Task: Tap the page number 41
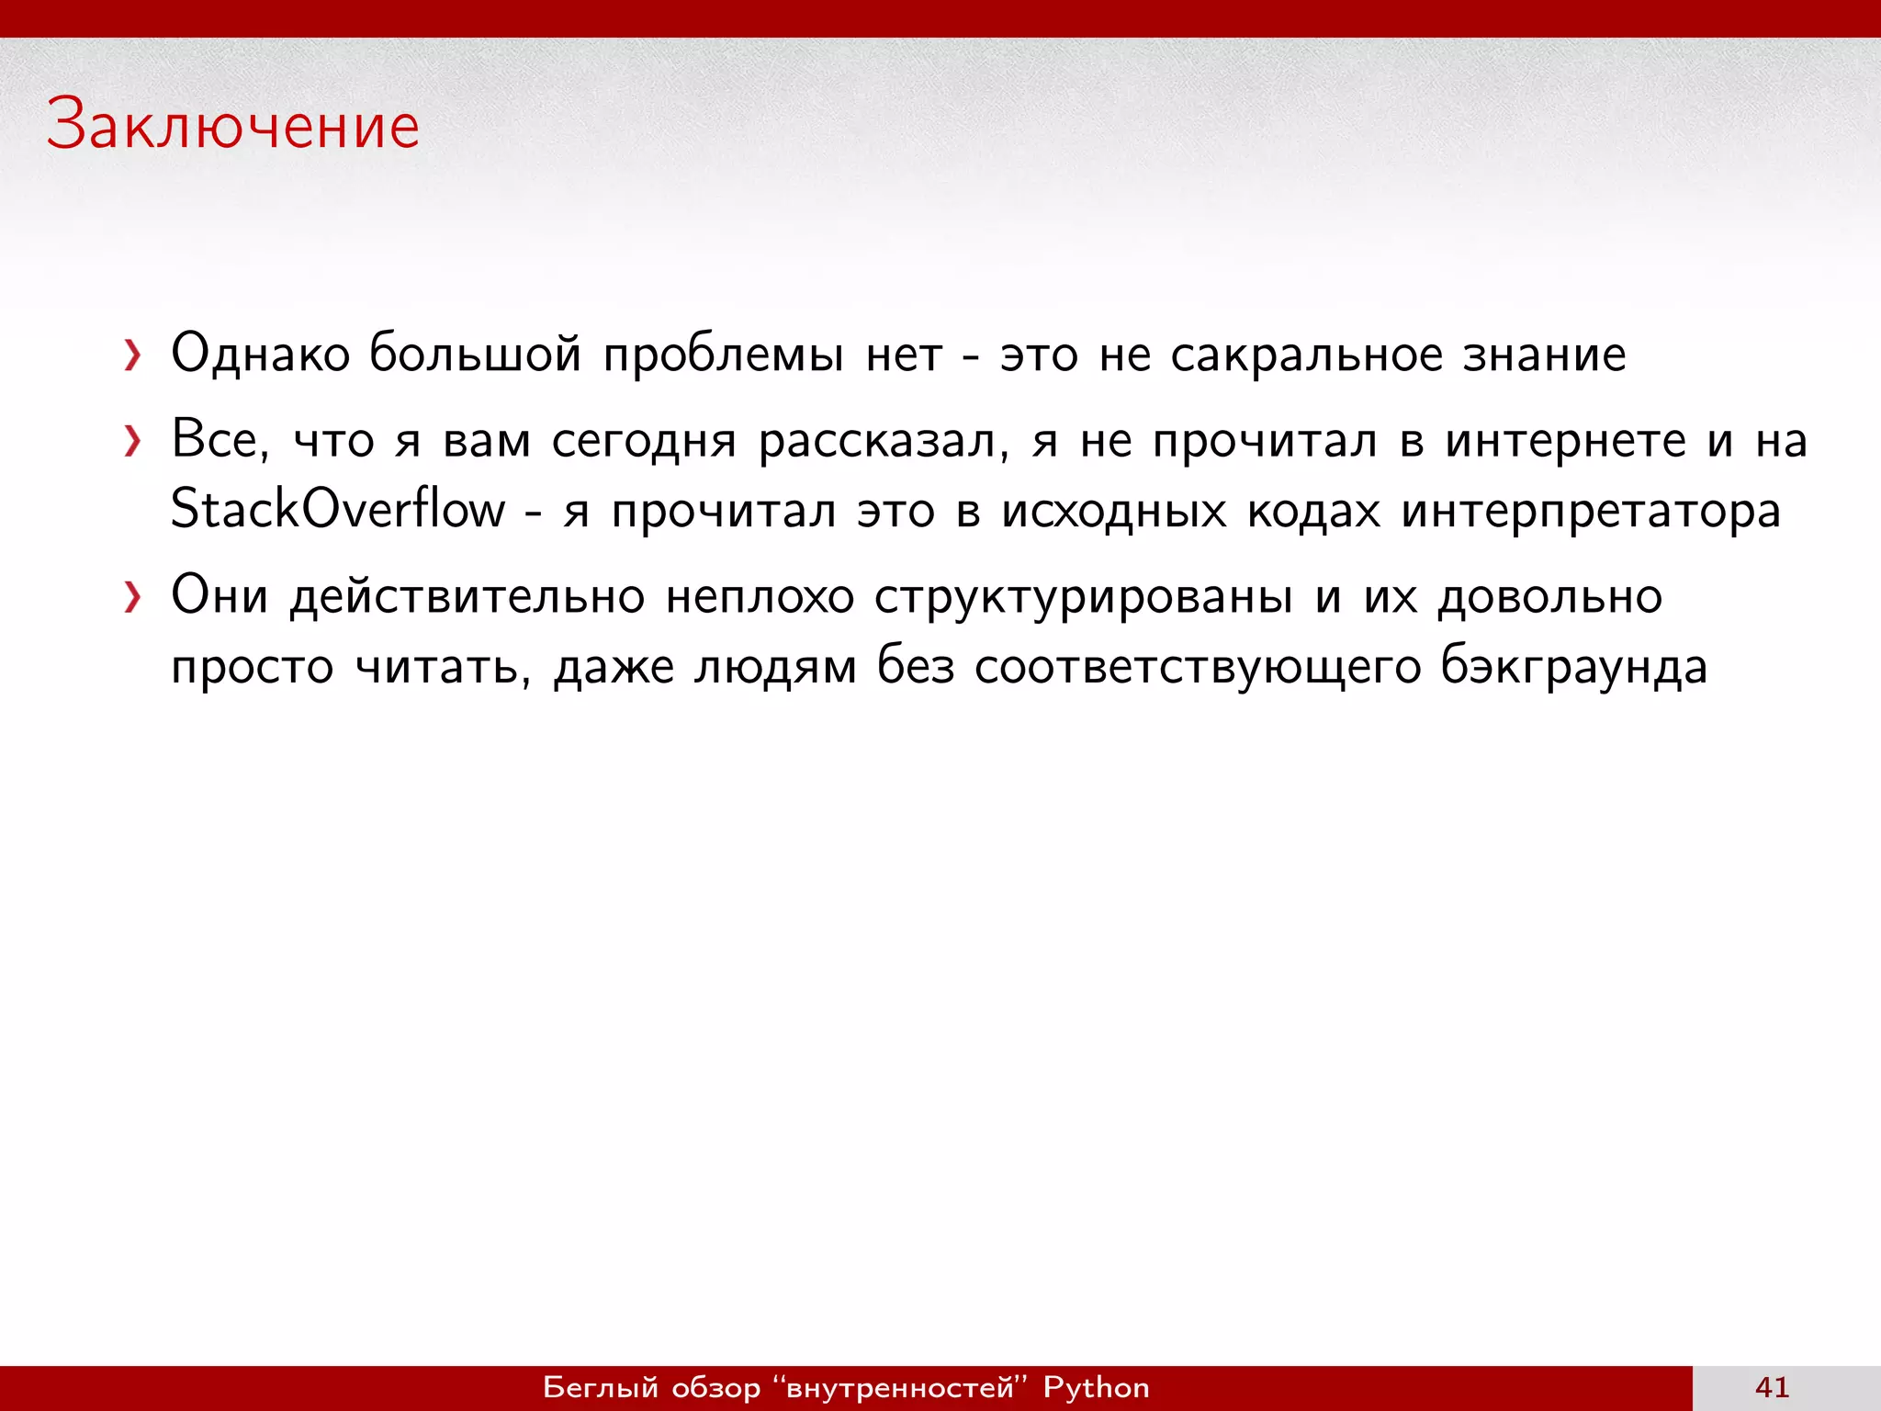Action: pos(1772,1387)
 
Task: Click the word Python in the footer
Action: pos(1096,1387)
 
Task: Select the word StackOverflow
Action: pos(338,509)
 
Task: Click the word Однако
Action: pos(261,354)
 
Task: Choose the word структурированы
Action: pos(1084,598)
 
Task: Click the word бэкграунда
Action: pos(1573,667)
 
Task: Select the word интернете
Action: pos(1566,441)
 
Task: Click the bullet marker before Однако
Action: pos(133,356)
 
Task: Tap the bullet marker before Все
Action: pos(133,442)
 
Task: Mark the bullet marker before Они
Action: pos(133,598)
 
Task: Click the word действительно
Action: pos(467,598)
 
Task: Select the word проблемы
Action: pos(723,356)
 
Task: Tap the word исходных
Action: pos(1113,511)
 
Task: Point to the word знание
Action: pos(1544,355)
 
